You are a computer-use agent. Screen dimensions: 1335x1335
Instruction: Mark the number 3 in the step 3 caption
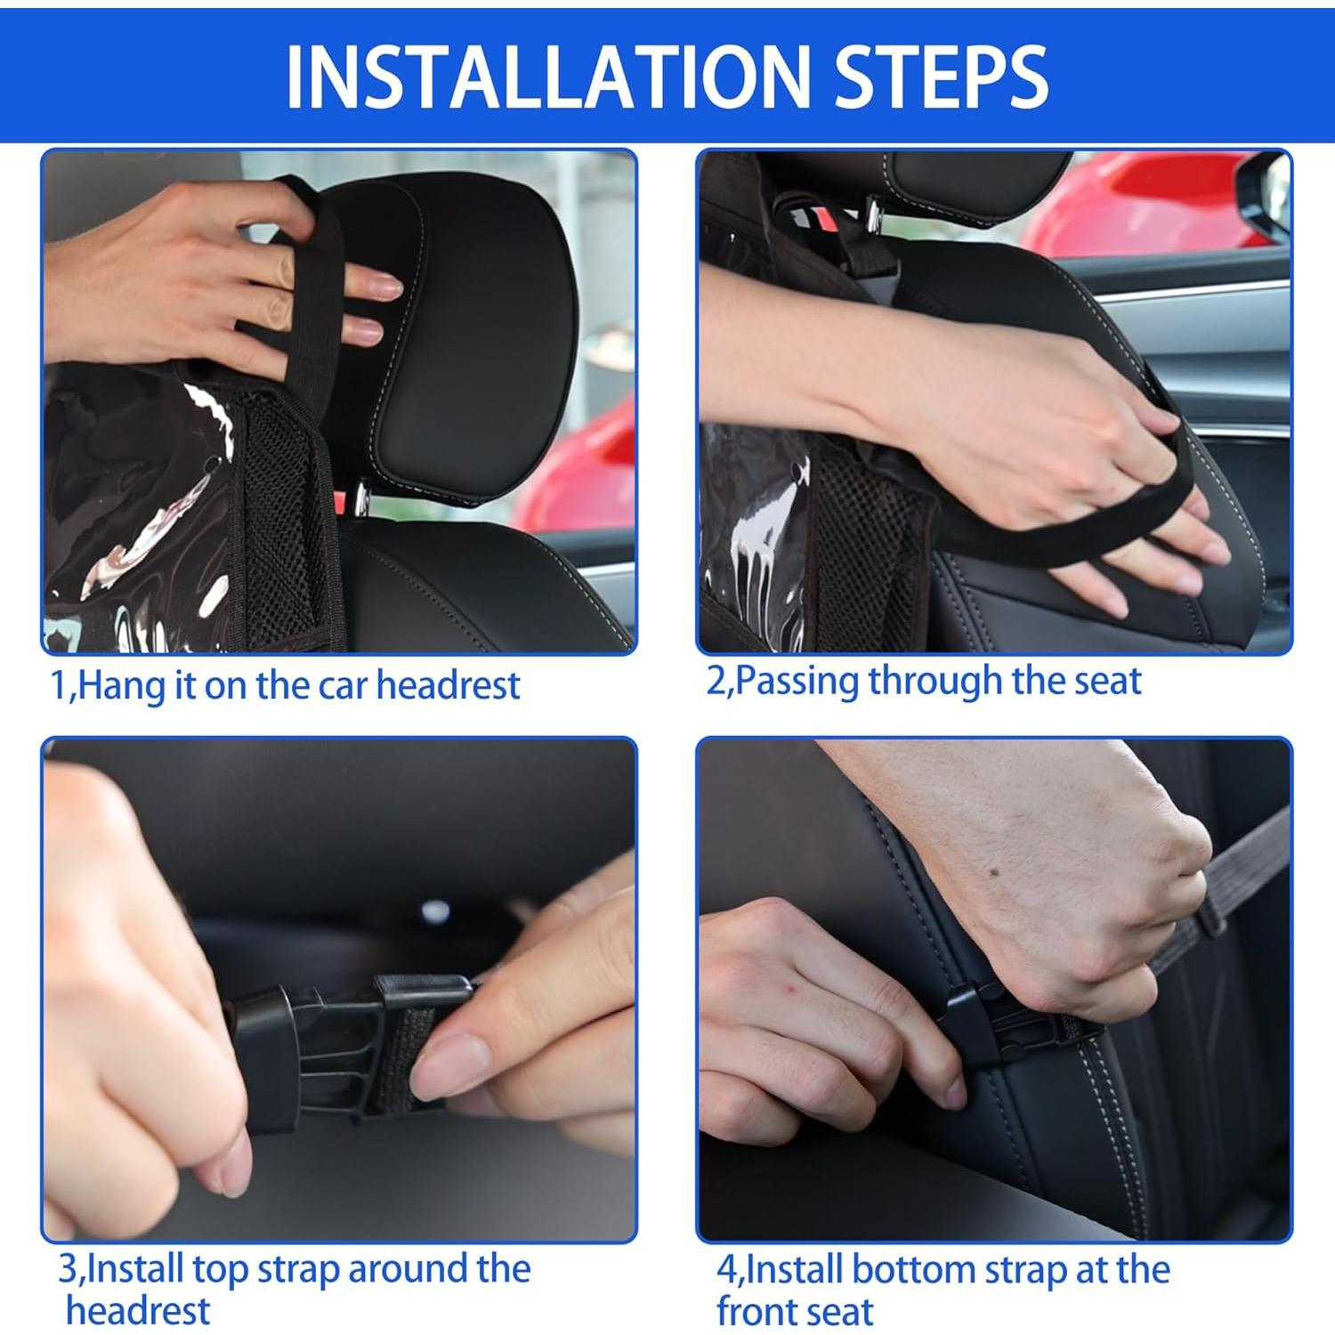point(69,1269)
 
